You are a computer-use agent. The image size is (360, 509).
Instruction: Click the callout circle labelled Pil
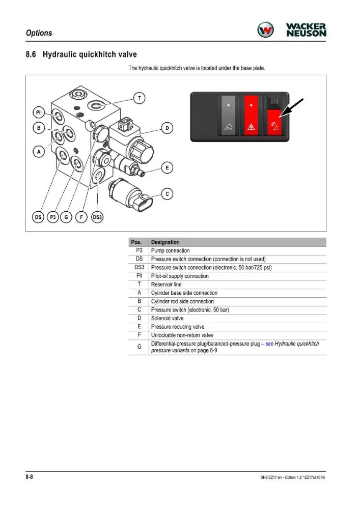point(39,112)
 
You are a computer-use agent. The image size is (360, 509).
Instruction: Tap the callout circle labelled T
point(139,98)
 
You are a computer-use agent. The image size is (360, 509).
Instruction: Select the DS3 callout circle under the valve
point(97,217)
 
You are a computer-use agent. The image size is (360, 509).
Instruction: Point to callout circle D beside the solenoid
point(167,128)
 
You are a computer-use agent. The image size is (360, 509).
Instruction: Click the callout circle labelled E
point(167,168)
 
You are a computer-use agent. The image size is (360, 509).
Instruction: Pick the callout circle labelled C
point(167,194)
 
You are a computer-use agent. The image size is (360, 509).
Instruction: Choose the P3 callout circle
point(52,217)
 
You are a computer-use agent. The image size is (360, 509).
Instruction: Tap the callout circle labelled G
point(66,217)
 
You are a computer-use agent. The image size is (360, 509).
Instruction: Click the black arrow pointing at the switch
point(291,108)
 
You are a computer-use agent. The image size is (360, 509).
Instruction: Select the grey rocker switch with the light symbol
point(228,115)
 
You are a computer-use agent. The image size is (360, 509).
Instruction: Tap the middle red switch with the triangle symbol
point(251,115)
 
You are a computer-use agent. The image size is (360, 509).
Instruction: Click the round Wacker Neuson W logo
point(265,30)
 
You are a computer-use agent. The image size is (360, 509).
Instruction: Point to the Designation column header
point(165,242)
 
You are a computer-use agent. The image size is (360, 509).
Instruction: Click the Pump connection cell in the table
point(171,250)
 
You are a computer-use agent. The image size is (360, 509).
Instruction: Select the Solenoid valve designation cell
point(167,318)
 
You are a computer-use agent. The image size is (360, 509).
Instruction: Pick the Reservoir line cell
point(166,285)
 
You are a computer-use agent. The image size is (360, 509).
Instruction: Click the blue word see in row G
point(269,344)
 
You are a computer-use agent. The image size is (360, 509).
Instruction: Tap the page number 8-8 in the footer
point(29,477)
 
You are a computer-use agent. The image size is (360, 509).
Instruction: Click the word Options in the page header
point(39,33)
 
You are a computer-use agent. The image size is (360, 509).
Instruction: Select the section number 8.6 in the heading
point(31,54)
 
